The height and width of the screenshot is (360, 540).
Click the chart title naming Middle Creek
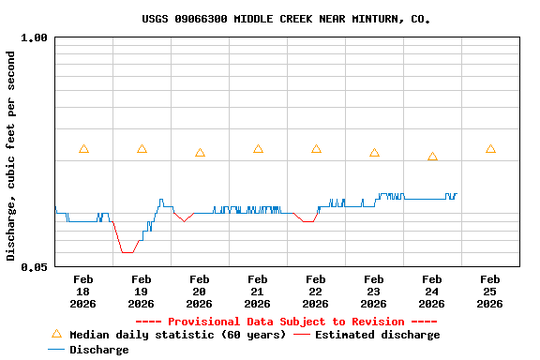pos(287,19)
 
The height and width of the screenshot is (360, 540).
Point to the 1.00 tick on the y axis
pos(34,38)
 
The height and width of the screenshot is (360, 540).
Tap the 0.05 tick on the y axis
pos(34,267)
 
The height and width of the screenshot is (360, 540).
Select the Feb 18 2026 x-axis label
pos(83,292)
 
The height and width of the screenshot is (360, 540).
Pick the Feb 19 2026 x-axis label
pos(142,292)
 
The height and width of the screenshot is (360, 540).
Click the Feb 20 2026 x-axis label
pos(200,292)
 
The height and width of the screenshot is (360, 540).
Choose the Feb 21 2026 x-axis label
pos(258,292)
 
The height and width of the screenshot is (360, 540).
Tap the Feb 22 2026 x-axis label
pos(316,292)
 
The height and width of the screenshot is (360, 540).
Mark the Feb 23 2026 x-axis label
pos(374,292)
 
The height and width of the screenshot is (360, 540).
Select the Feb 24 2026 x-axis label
pos(432,292)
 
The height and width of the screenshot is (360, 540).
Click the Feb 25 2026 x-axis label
pos(490,292)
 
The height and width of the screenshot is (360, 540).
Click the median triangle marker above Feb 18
pos(83,149)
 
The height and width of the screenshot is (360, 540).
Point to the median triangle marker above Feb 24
pos(432,157)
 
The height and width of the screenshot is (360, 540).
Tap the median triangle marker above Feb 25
pos(490,149)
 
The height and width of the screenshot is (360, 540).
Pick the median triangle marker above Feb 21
pos(258,149)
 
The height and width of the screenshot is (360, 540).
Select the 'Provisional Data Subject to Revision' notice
pos(286,322)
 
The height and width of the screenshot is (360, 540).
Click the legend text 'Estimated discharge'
pos(377,335)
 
